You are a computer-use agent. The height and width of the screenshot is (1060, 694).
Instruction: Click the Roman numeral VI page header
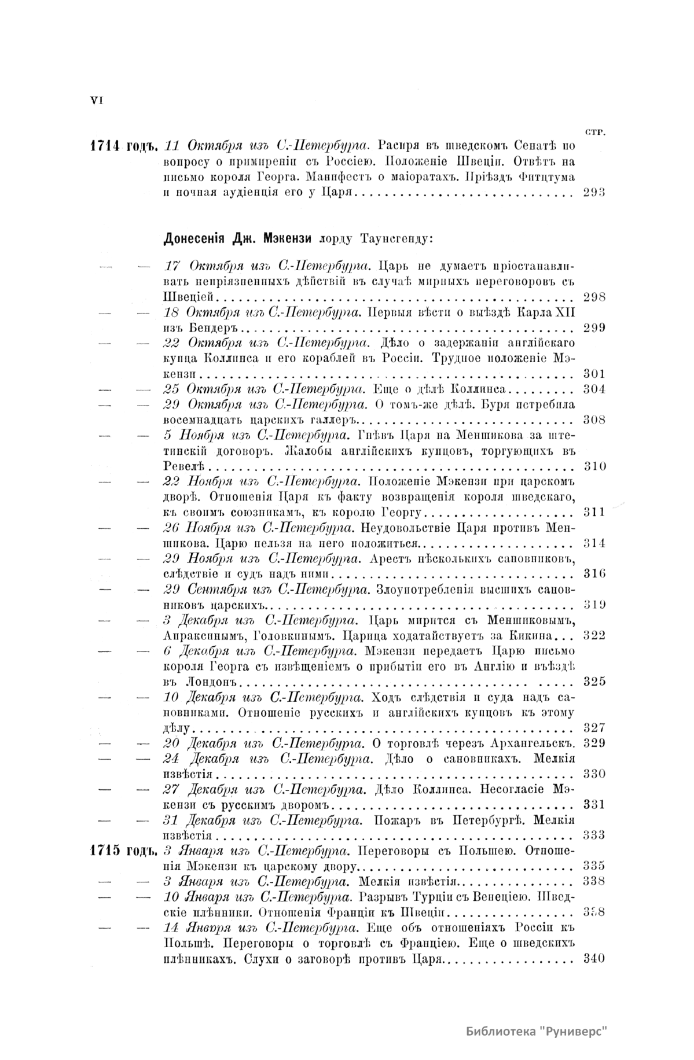[x=96, y=100]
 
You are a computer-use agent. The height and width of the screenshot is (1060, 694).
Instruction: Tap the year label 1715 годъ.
[x=124, y=851]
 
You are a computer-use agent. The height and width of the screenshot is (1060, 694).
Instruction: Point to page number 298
[x=594, y=297]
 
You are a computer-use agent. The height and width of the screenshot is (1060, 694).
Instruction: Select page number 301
[x=594, y=373]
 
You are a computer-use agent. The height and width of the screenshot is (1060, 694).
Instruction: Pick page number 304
[x=594, y=388]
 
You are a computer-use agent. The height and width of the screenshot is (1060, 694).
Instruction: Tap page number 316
[x=594, y=573]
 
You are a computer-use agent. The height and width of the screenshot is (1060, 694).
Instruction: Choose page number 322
[x=594, y=635]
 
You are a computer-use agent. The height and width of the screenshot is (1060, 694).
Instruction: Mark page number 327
[x=594, y=728]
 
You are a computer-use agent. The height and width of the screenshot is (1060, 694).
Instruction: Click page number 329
[x=594, y=743]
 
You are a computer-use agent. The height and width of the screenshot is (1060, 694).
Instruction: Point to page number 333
[x=594, y=835]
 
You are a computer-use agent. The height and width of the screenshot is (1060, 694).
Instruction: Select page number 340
[x=594, y=958]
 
